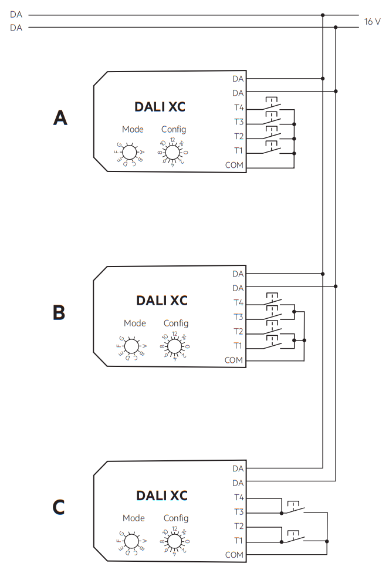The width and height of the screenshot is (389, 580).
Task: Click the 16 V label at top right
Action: click(x=372, y=22)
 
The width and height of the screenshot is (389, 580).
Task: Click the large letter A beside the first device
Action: click(x=60, y=119)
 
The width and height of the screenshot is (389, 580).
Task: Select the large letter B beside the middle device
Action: click(x=59, y=312)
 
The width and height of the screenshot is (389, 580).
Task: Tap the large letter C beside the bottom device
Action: click(x=59, y=507)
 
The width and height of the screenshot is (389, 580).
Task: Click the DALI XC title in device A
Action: click(x=160, y=107)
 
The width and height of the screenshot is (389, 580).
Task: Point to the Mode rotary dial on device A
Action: click(x=129, y=153)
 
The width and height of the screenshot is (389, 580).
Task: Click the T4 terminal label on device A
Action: click(x=238, y=108)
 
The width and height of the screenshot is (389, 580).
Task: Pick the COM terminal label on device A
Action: click(x=235, y=166)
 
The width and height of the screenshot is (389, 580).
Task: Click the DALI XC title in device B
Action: click(x=162, y=301)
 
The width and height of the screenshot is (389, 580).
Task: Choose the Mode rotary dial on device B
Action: click(x=131, y=346)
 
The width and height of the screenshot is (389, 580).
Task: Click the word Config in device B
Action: click(x=176, y=323)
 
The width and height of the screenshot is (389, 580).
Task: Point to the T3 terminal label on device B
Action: click(x=238, y=317)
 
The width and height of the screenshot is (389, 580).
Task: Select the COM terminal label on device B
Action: click(x=235, y=360)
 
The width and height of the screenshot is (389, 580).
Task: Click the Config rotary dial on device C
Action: click(x=175, y=541)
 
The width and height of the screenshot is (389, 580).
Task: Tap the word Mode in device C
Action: click(x=134, y=518)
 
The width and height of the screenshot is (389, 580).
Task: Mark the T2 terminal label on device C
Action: click(x=238, y=526)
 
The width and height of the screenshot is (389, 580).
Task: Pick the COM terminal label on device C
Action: click(x=235, y=555)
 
